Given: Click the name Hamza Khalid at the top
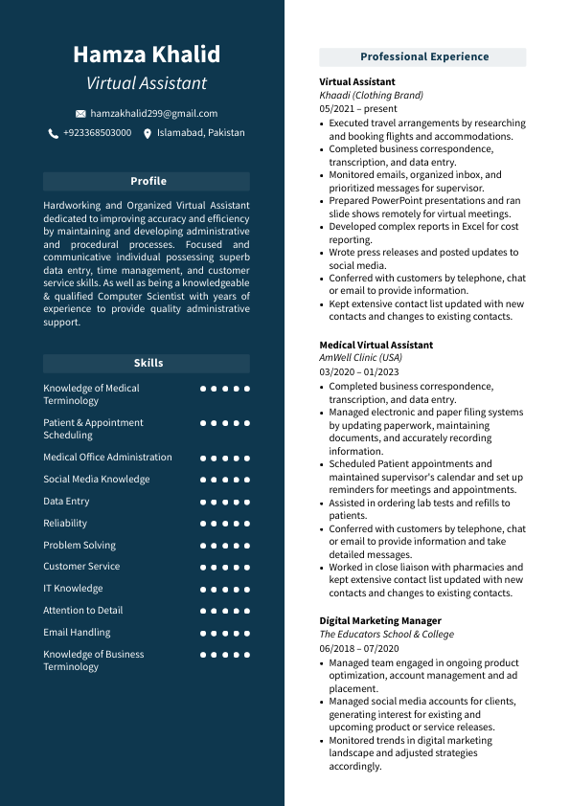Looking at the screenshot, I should [x=147, y=55].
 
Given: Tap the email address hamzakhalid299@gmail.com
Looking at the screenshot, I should [x=153, y=113].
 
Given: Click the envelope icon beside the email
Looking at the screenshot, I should [x=80, y=114].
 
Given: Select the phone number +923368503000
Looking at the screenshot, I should [x=97, y=133].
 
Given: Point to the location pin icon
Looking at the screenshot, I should [x=148, y=134].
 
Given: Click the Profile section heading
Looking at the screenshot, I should [x=148, y=181].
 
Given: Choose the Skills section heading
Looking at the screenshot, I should [x=148, y=363].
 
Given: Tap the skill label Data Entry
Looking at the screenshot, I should [x=66, y=502].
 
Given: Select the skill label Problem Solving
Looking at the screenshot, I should [x=80, y=546].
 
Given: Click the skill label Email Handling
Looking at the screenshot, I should [x=77, y=633].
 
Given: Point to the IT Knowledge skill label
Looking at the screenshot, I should [x=73, y=589].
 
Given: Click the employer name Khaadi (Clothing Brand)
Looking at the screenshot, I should [x=371, y=96].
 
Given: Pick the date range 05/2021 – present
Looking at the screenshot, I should [x=357, y=109].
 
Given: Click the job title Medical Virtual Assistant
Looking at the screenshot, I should [x=376, y=346].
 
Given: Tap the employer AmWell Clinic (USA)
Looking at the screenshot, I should [x=360, y=358].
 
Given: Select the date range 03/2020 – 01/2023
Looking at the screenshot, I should [x=359, y=371].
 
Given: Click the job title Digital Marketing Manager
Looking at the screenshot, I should [x=380, y=621].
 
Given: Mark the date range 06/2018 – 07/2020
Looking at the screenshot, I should [x=359, y=648].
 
